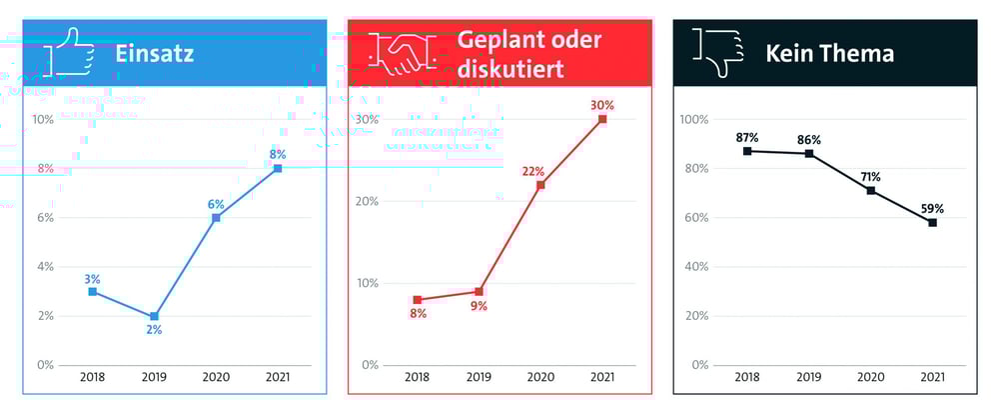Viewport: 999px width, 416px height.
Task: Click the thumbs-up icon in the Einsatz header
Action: click(69, 53)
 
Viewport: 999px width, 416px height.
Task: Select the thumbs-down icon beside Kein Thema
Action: click(718, 53)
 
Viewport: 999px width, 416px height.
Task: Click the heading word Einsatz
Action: click(154, 53)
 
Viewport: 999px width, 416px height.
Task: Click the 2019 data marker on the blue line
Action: click(155, 316)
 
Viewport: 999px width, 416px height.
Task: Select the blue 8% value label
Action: click(278, 154)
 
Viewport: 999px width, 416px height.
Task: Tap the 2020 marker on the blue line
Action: click(216, 217)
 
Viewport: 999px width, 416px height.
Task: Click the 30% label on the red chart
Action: click(601, 105)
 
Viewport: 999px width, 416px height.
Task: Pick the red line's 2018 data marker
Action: click(418, 300)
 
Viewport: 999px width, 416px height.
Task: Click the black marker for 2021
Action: click(932, 222)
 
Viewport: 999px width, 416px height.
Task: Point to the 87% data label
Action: click(747, 137)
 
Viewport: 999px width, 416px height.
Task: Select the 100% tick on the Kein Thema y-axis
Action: click(693, 120)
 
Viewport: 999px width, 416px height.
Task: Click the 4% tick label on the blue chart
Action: click(44, 267)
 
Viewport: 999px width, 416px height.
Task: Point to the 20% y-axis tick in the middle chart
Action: click(367, 202)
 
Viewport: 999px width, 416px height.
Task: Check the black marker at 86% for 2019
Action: click(809, 154)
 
